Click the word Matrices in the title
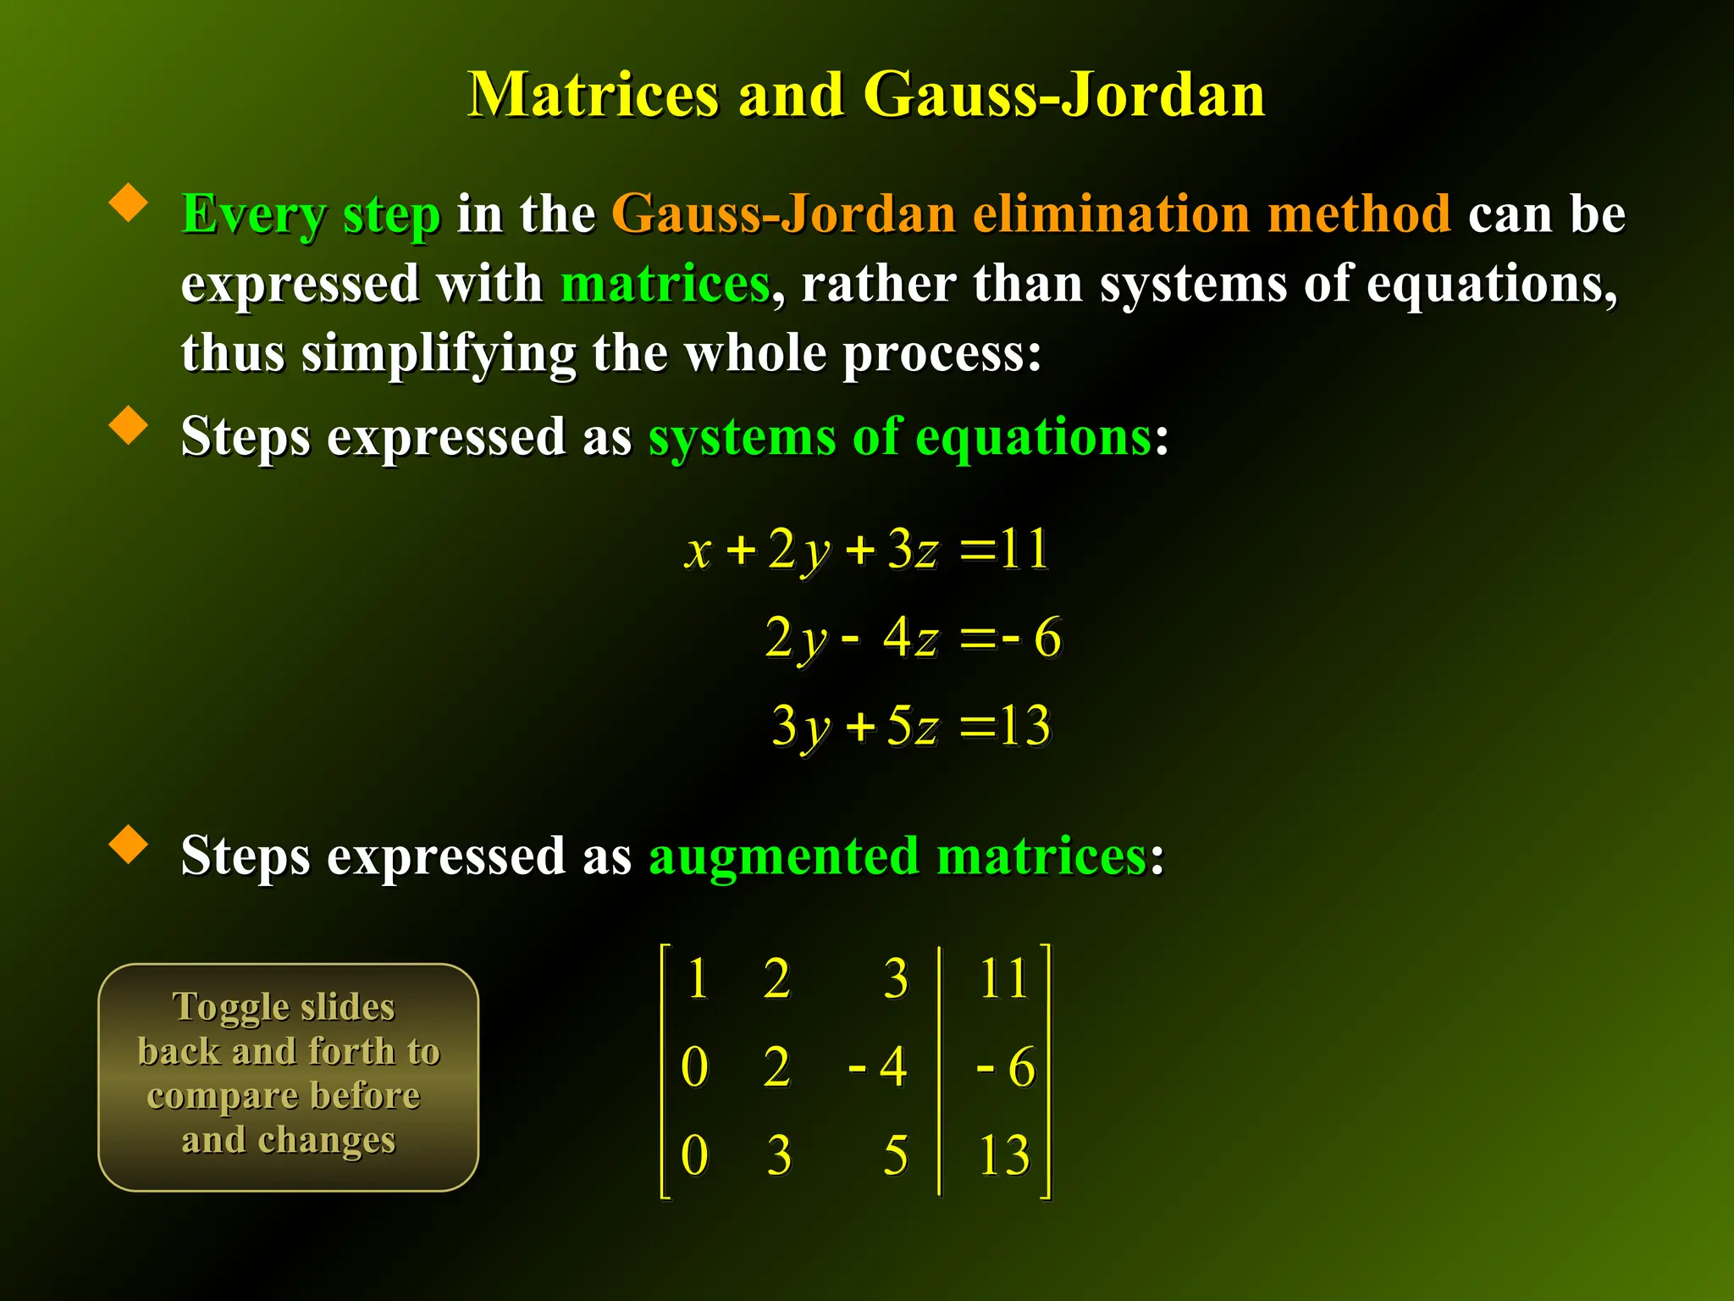(x=594, y=94)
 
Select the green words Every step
(x=311, y=213)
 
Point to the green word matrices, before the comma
(x=665, y=284)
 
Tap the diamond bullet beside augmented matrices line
(x=129, y=844)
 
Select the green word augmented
(x=783, y=855)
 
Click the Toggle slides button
(x=289, y=1077)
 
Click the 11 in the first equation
(x=1024, y=549)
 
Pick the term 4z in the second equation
(x=911, y=637)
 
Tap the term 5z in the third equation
(x=913, y=726)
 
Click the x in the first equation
(x=699, y=551)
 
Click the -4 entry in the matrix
(x=879, y=1066)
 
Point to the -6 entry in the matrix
(x=1006, y=1066)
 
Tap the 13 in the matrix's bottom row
(x=1004, y=1154)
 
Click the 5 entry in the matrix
(x=895, y=1154)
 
